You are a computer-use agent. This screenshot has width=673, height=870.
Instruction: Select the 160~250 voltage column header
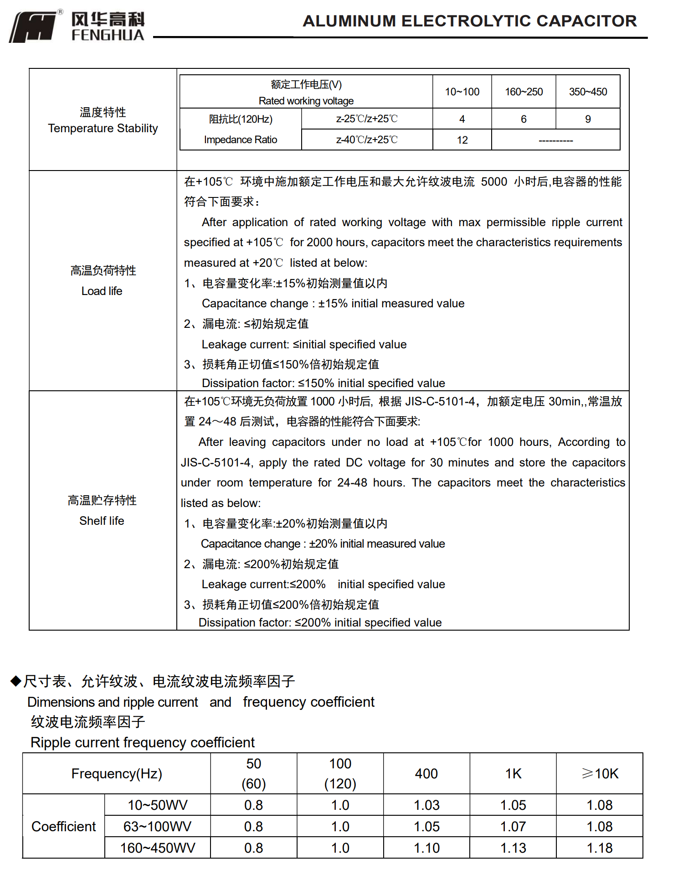[524, 92]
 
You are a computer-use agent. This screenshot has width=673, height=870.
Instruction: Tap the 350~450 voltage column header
[588, 92]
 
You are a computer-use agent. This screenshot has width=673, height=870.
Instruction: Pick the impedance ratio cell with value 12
[462, 140]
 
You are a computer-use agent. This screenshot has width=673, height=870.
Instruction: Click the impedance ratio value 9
[588, 119]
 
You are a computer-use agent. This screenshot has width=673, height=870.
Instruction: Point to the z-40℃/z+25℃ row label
[367, 140]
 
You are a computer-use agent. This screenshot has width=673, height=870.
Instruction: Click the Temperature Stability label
[103, 128]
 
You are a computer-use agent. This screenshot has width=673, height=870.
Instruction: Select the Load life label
[102, 291]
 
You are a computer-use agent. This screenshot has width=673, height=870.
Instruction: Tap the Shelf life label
[102, 521]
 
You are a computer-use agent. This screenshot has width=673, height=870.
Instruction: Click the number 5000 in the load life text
[494, 181]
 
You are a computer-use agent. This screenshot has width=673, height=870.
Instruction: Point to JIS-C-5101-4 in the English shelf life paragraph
[216, 462]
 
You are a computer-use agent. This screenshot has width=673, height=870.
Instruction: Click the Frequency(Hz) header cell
[117, 773]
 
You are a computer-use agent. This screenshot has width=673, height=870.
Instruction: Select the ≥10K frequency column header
[600, 773]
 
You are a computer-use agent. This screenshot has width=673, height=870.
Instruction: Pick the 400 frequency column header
[426, 773]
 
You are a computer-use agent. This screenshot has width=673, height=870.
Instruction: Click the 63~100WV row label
[157, 826]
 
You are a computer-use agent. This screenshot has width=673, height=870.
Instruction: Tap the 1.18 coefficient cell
[600, 848]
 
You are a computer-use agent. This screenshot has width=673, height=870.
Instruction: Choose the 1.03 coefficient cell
[426, 805]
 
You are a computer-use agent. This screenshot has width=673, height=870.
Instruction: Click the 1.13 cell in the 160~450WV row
[513, 848]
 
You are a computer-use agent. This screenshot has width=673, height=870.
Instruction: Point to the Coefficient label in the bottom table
[64, 826]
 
